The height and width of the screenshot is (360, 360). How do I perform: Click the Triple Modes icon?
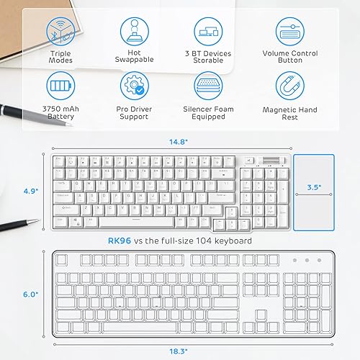click(60, 32)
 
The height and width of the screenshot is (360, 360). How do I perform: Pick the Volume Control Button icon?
click(291, 32)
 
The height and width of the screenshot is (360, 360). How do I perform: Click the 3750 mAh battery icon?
click(60, 87)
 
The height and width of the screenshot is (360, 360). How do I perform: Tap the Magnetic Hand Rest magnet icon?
click(291, 87)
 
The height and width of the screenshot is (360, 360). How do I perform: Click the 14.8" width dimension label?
click(169, 143)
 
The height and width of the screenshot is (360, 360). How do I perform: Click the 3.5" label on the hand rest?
click(312, 186)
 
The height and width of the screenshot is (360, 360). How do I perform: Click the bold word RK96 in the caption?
click(120, 240)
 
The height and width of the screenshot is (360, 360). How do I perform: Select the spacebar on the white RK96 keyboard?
click(133, 217)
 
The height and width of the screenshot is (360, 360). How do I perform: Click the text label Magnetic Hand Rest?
click(291, 114)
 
